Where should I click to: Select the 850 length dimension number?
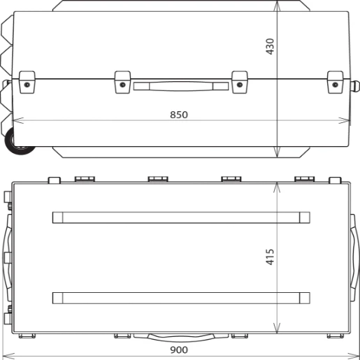[179, 115]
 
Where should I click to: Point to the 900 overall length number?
[179, 350]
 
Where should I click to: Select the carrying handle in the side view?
[181, 86]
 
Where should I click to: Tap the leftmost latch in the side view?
[27, 81]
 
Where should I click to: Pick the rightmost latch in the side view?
[336, 81]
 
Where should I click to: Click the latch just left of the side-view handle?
[122, 81]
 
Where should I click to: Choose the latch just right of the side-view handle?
[240, 81]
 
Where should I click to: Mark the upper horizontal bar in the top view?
[181, 217]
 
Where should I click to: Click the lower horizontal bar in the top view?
[181, 298]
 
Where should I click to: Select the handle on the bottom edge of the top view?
[181, 337]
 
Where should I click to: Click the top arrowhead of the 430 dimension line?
[278, 4]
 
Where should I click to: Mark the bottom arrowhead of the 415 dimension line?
[278, 331]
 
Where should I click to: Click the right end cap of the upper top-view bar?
[304, 217]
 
